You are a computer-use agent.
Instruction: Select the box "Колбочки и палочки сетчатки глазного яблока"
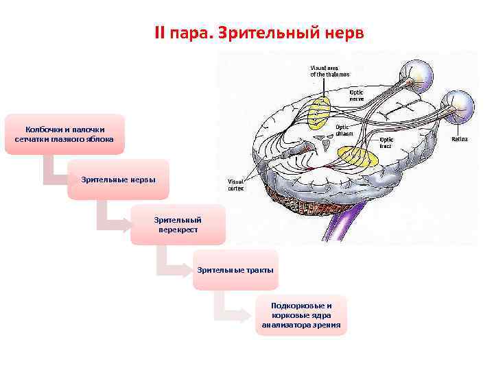click(x=65, y=134)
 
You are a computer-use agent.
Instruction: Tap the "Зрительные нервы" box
click(x=118, y=180)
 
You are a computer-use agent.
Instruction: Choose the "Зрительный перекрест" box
click(x=178, y=225)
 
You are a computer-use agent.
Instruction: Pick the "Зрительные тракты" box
click(x=235, y=270)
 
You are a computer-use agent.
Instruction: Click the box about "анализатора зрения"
click(x=301, y=315)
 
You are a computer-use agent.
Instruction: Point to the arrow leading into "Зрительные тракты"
click(x=168, y=264)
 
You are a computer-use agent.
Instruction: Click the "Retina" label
click(x=459, y=139)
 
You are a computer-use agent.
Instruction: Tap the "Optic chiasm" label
click(x=344, y=130)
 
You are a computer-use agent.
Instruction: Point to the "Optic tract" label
click(x=388, y=142)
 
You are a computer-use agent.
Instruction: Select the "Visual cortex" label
click(x=236, y=185)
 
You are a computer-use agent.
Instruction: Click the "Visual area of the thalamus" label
click(x=329, y=71)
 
